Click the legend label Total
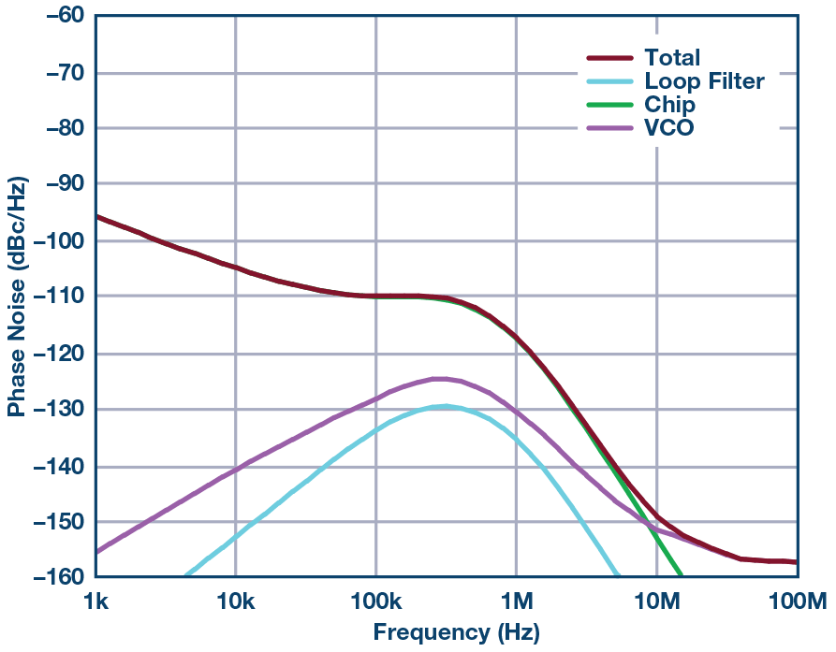(672, 58)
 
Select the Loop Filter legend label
(704, 81)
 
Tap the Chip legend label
(669, 105)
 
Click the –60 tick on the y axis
(57, 16)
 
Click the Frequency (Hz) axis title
(456, 631)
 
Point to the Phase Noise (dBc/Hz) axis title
(17, 297)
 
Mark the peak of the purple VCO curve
(437, 379)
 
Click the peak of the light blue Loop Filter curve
(446, 406)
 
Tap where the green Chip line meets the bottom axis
(681, 576)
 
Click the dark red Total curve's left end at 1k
(97, 216)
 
